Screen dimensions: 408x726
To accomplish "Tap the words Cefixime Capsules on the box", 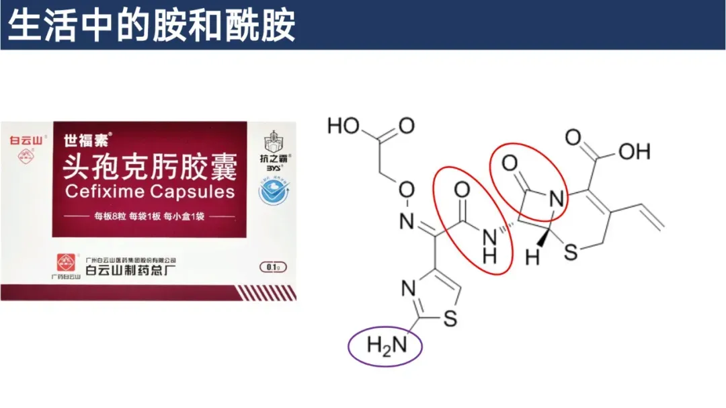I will coord(150,192).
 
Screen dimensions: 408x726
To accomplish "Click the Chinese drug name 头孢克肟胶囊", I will coord(150,165).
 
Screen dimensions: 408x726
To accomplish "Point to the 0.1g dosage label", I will coord(272,268).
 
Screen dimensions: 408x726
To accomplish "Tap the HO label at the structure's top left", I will coord(344,126).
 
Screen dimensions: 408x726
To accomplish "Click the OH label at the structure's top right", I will coord(635,151).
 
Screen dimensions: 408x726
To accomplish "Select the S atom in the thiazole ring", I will coord(450,318).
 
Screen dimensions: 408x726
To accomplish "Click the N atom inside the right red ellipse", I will coord(555,199).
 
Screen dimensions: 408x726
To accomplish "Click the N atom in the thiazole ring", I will coord(407,290).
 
